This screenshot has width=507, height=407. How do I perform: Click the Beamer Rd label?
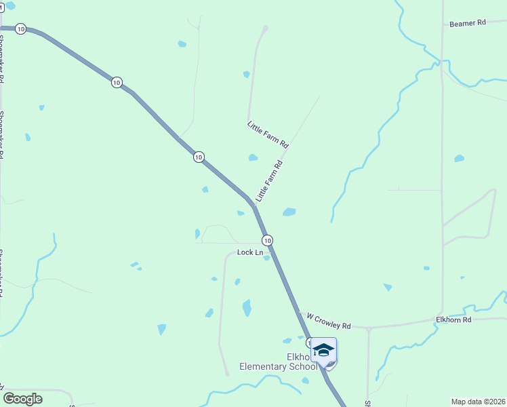tap(468, 23)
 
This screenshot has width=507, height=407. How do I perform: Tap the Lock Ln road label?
tap(250, 252)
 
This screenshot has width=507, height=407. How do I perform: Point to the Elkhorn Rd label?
tap(453, 319)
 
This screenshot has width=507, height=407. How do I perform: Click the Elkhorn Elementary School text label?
tap(278, 362)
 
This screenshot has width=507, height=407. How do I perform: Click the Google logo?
tap(22, 399)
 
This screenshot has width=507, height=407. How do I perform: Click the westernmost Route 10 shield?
tap(20, 28)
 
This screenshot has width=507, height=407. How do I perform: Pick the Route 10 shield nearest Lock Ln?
tap(268, 240)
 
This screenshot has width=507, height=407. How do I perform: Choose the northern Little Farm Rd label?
tap(268, 135)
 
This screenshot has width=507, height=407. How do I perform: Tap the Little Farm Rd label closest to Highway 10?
tap(269, 181)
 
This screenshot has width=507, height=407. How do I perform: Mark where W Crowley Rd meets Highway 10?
tap(300, 313)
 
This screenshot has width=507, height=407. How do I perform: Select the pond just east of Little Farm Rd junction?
tap(289, 212)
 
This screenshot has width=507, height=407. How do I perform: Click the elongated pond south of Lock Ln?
tap(247, 308)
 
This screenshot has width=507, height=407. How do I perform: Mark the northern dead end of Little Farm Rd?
tap(265, 28)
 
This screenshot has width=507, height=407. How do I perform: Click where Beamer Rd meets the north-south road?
tap(442, 24)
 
